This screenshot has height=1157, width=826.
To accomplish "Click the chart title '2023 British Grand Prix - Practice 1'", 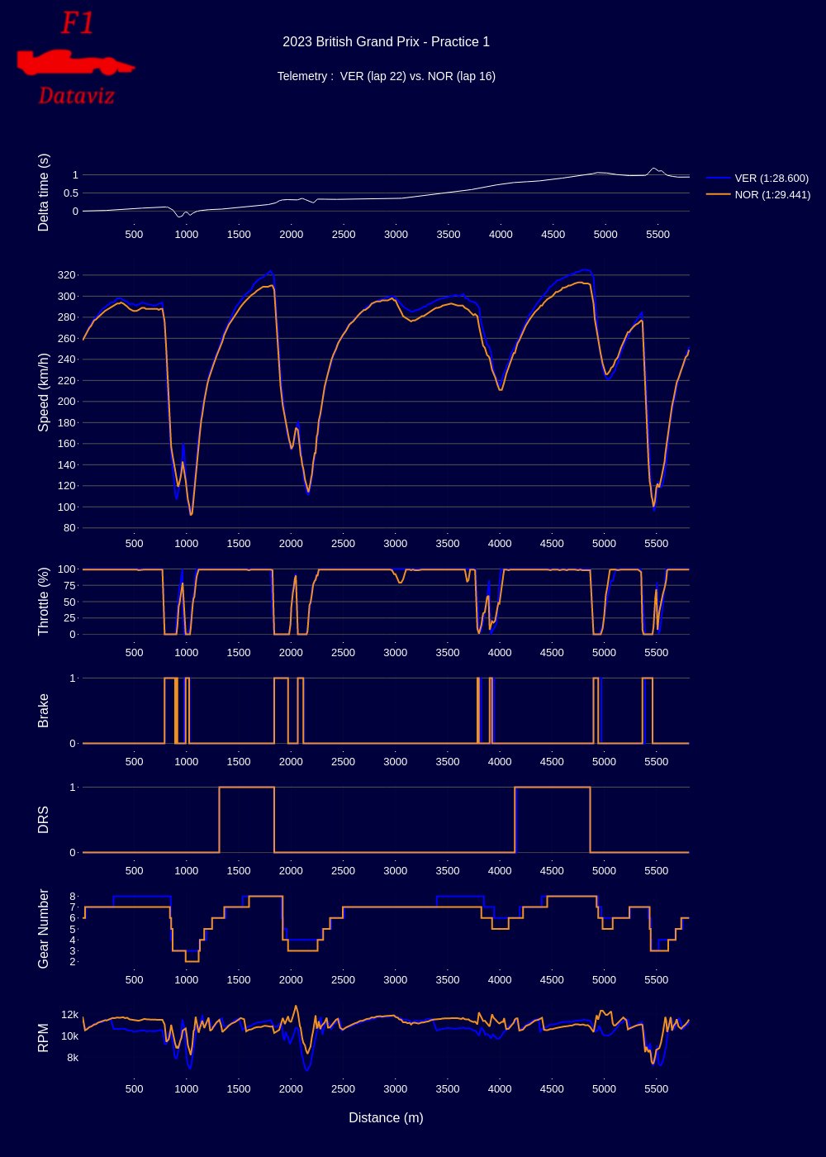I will click(386, 42).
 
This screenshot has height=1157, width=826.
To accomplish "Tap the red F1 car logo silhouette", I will click(76, 62).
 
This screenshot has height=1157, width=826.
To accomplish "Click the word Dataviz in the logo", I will click(76, 96).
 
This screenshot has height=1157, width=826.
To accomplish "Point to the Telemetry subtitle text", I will click(386, 76).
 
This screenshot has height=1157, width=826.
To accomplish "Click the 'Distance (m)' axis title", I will click(386, 1117).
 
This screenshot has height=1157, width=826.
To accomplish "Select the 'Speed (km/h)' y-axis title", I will click(44, 392).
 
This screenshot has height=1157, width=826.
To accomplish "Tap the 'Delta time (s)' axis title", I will click(44, 193).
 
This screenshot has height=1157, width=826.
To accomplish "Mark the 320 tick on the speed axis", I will click(67, 275).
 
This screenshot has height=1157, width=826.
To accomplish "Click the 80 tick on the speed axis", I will click(69, 528).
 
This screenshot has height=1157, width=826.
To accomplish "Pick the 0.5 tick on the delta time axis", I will click(69, 193).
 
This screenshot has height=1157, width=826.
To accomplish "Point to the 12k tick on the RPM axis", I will click(69, 1015).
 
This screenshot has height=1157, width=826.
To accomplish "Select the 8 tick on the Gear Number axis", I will click(73, 897).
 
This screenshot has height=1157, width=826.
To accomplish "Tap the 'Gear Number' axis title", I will click(44, 929).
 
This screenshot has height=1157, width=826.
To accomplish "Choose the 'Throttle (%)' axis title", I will click(44, 602).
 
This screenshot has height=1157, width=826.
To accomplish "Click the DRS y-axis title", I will click(44, 820).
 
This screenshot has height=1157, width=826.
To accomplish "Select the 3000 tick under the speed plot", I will click(396, 544).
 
